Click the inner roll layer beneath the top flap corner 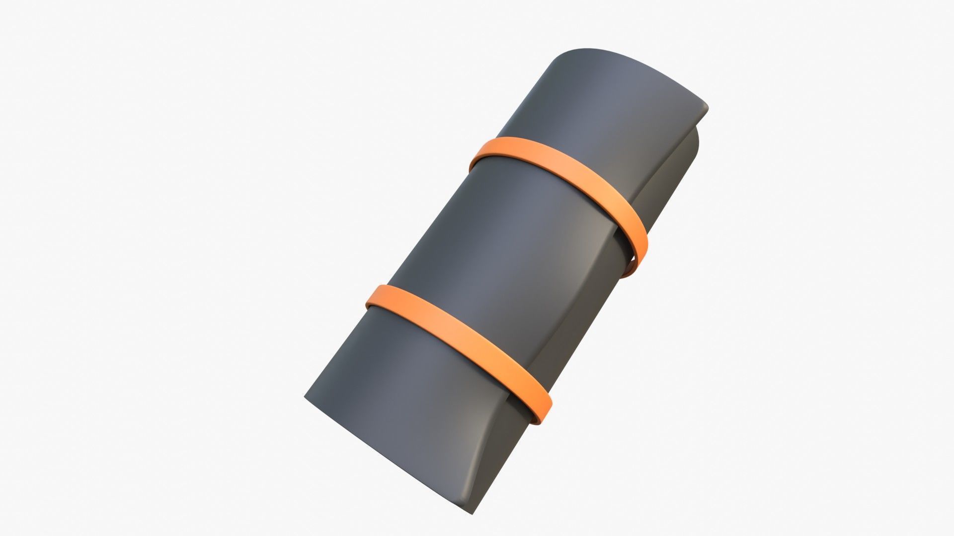pos(693,149)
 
